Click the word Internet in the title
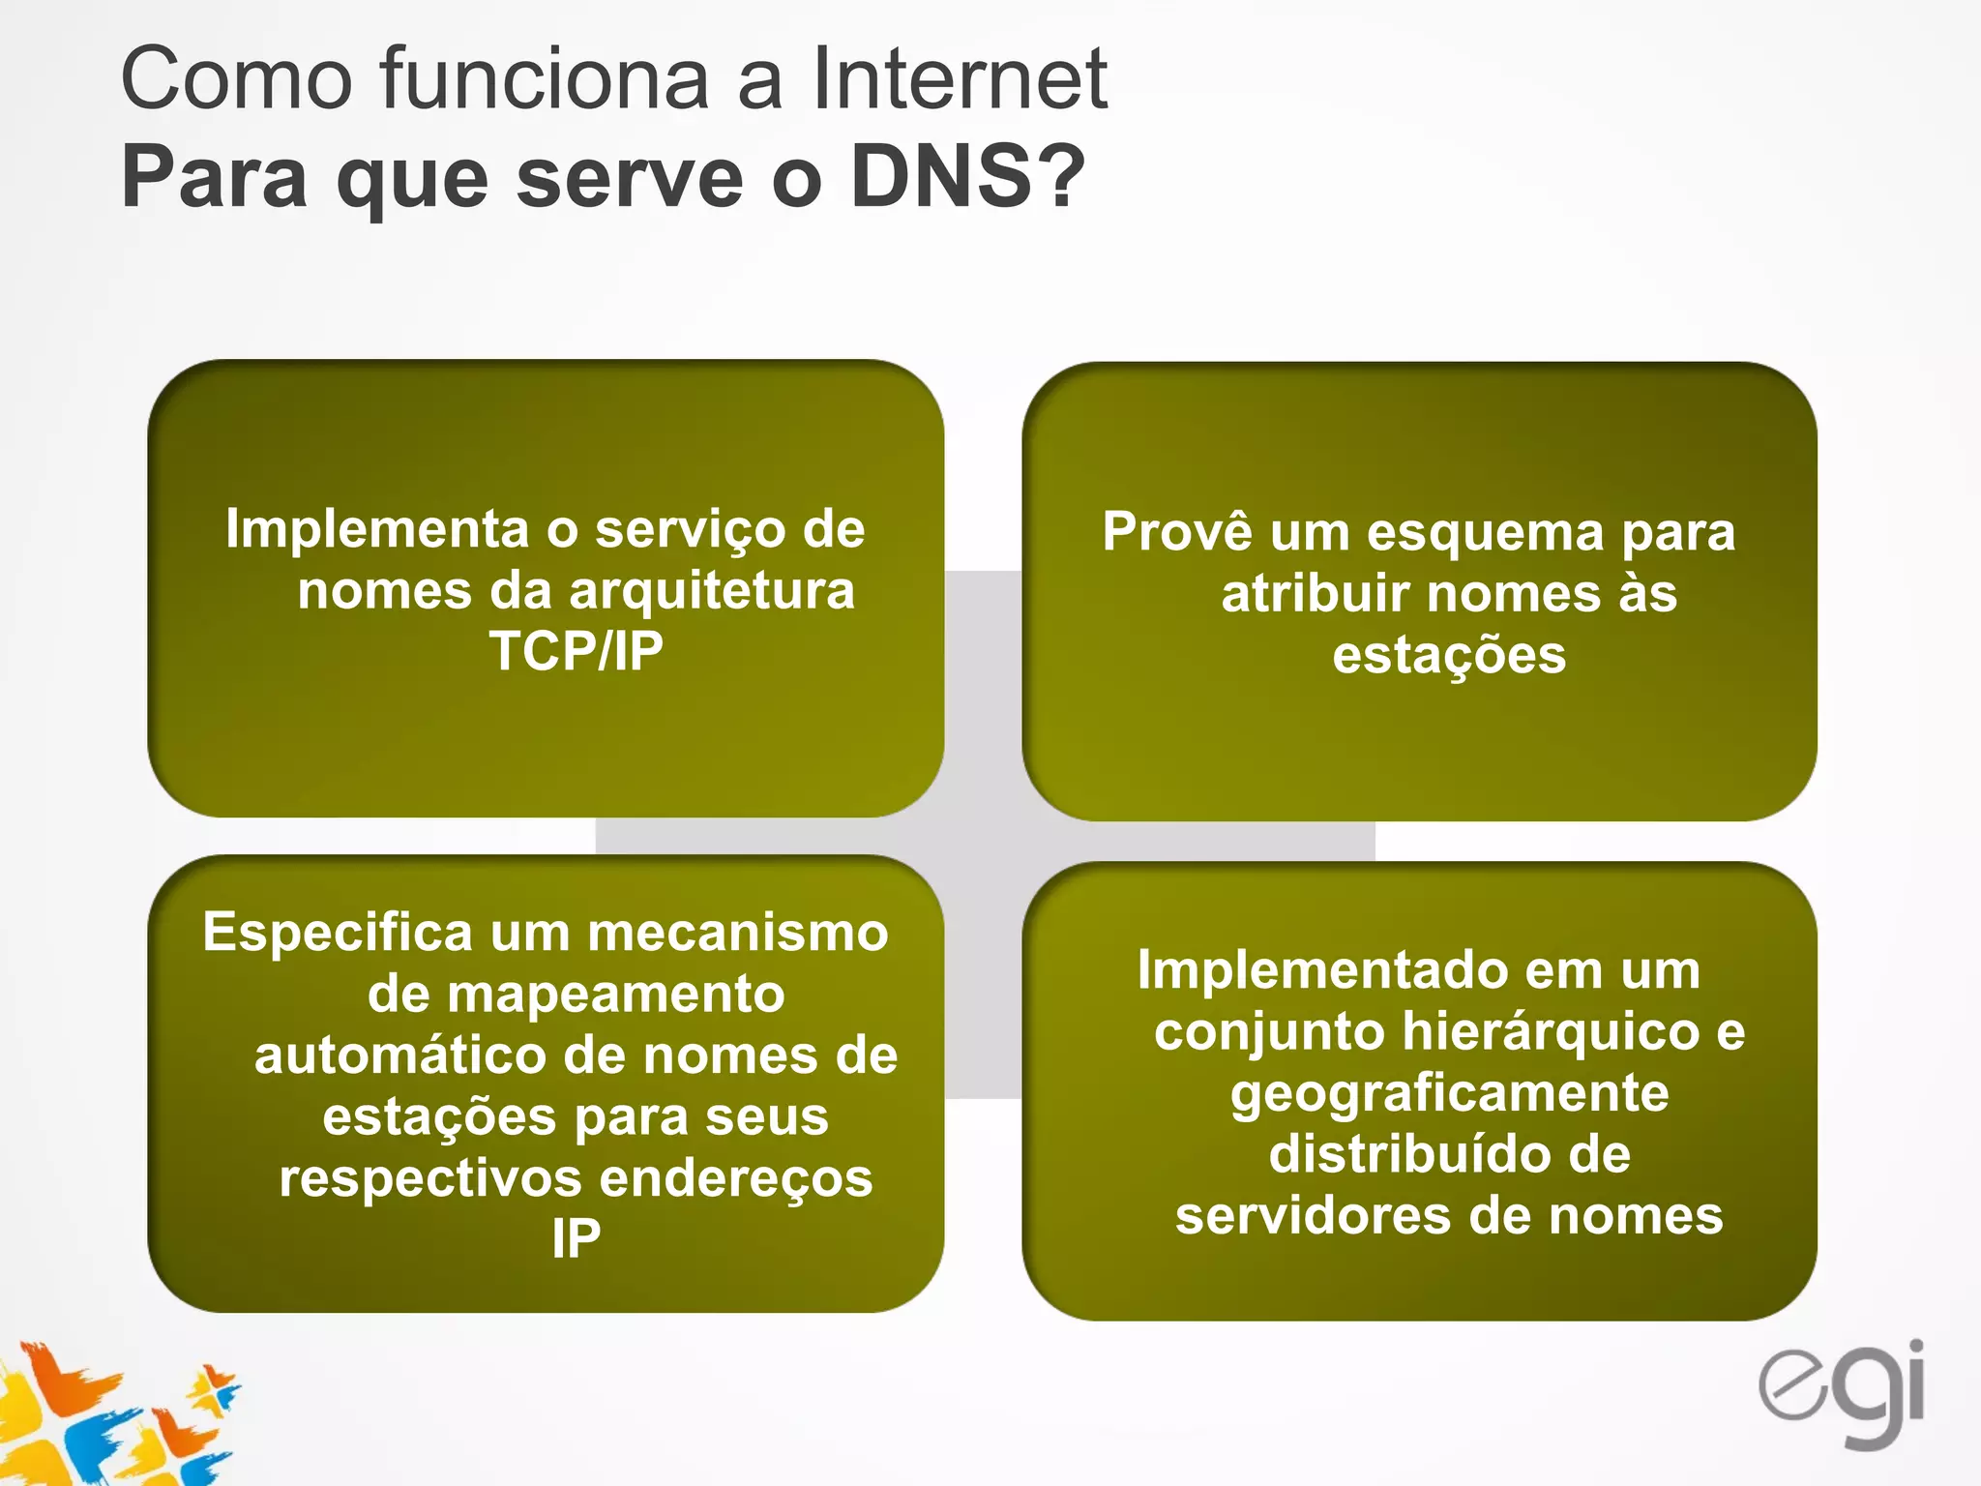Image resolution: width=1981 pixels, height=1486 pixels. click(x=959, y=79)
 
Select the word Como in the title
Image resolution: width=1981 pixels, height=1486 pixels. click(x=236, y=79)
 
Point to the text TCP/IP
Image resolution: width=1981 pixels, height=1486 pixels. click(x=576, y=651)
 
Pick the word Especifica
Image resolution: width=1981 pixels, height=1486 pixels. click(x=338, y=933)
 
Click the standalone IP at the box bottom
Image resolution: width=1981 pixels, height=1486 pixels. click(x=576, y=1239)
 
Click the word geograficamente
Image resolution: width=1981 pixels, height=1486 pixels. click(x=1449, y=1094)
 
